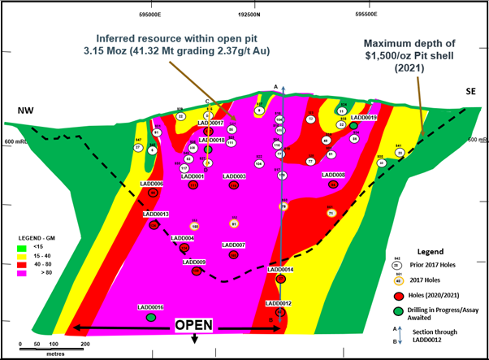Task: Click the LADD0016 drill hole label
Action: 152,307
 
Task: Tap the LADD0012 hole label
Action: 279,303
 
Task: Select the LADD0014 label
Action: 280,269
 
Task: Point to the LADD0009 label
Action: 194,262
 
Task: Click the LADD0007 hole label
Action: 233,245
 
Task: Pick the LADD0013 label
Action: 155,214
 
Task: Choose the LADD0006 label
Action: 152,184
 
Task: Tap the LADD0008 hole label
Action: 334,175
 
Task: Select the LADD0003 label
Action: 234,176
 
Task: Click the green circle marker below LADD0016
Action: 151,318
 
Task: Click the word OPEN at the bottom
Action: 194,325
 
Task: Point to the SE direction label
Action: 470,93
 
